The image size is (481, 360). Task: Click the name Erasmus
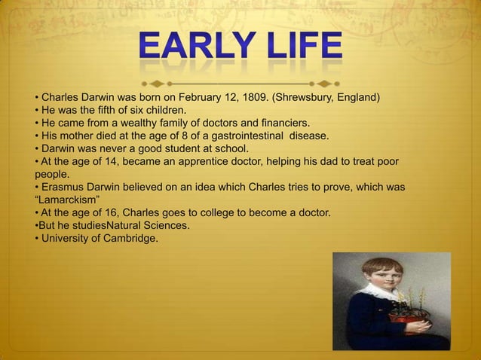tap(64, 187)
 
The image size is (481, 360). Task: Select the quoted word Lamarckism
tap(69, 200)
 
